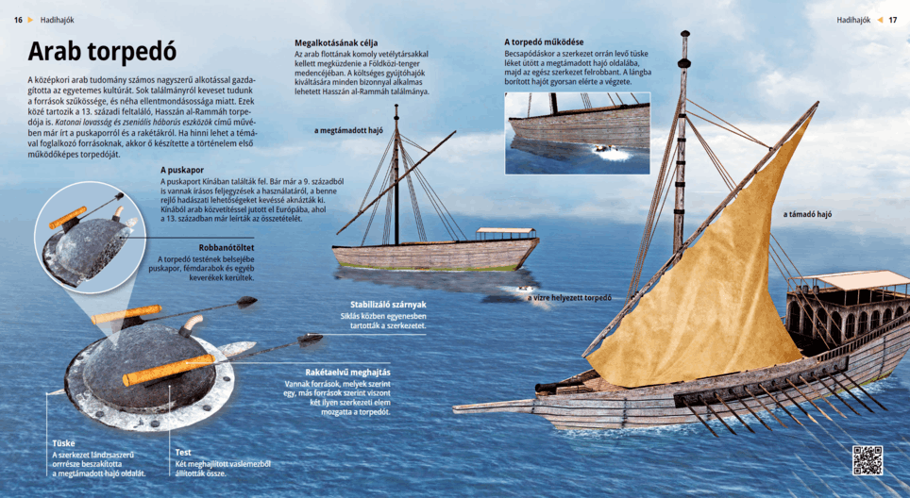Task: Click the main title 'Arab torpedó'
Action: [x=102, y=51]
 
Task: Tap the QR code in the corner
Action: [x=867, y=459]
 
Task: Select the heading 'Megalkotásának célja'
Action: [x=336, y=43]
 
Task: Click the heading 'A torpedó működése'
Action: [x=544, y=42]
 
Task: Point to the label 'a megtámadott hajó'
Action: [x=348, y=130]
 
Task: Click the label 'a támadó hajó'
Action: [x=807, y=214]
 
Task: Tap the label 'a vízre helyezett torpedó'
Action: [x=569, y=298]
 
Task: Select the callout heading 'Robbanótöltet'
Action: [x=225, y=247]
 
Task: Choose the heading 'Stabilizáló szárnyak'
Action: [x=388, y=304]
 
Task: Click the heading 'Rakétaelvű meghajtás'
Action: [x=347, y=373]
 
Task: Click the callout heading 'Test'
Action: [x=184, y=452]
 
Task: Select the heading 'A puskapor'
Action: [x=183, y=170]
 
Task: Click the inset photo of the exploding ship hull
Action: [x=577, y=132]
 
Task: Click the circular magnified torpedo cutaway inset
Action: [x=86, y=235]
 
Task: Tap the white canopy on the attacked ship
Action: [x=505, y=230]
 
